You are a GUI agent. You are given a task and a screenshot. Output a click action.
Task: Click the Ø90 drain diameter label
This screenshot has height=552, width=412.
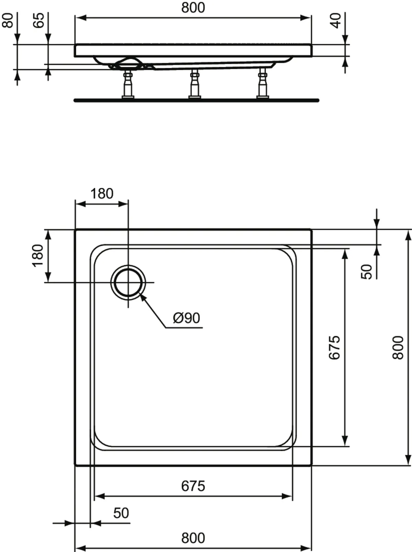(186, 318)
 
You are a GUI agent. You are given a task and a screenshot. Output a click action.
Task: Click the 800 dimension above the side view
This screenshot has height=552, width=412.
(193, 8)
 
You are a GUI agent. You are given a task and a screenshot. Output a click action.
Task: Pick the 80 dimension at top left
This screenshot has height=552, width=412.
(8, 21)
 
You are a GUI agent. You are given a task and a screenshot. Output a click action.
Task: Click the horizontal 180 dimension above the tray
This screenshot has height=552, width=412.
(102, 194)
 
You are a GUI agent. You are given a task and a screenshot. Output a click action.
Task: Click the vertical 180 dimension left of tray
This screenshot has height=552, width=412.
(38, 255)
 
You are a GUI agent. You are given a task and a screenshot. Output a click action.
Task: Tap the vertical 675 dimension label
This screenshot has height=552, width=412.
(334, 347)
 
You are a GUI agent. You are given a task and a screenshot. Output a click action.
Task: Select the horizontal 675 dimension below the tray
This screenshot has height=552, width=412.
(193, 486)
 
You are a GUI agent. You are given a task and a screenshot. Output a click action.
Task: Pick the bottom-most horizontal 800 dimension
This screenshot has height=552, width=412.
(193, 538)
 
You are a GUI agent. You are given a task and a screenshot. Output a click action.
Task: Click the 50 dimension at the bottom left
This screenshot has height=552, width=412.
(121, 513)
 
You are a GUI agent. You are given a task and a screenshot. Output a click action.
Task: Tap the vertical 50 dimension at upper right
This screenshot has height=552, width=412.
(367, 272)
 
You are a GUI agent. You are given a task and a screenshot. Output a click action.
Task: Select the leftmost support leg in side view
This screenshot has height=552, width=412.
(128, 85)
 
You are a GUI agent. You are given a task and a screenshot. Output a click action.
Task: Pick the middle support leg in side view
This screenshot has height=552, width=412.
(195, 85)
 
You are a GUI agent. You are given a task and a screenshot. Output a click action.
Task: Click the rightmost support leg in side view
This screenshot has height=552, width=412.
(263, 85)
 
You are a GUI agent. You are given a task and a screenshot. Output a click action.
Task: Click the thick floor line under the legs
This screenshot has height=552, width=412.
(196, 100)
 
